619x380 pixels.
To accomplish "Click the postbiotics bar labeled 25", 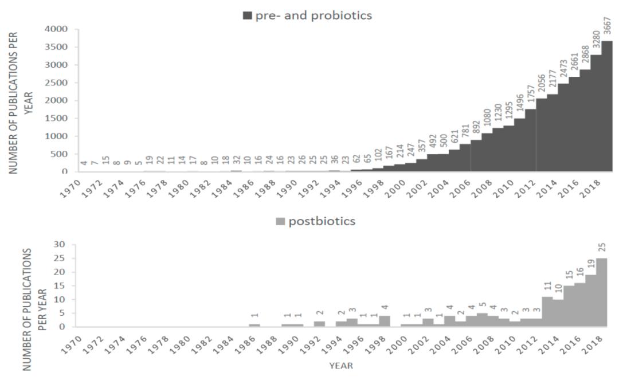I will (x=601, y=292).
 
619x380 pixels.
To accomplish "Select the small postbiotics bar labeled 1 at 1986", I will (x=254, y=325).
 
